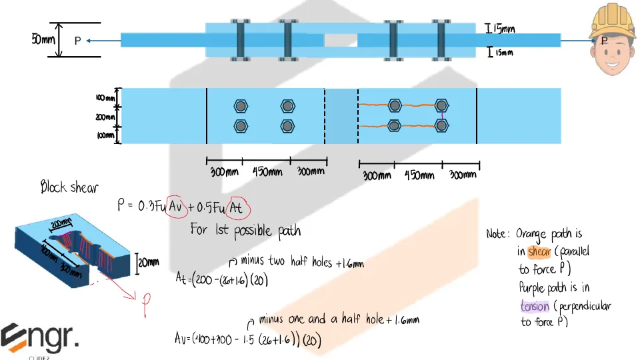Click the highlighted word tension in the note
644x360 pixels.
click(535, 305)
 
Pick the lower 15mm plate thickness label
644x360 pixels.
click(501, 52)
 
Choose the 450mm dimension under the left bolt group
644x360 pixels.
click(267, 172)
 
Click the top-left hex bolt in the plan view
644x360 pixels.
click(241, 106)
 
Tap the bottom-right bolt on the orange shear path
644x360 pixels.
click(441, 125)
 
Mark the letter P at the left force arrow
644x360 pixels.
click(77, 41)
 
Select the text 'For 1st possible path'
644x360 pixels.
click(245, 231)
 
